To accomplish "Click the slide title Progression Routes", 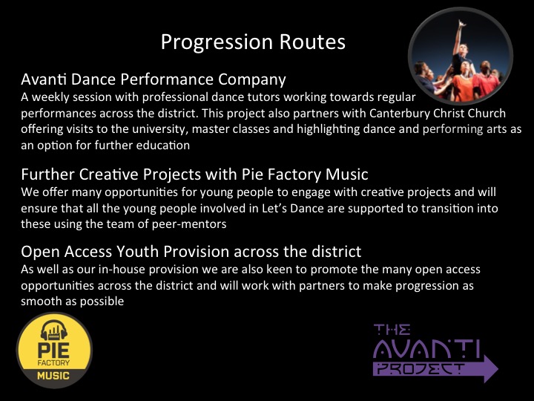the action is pos(253,42).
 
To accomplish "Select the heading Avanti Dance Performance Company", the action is pos(154,79).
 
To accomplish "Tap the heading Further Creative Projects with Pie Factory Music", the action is pos(194,175).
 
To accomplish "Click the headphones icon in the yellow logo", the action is pos(54,330).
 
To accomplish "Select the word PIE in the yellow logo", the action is pos(53,351).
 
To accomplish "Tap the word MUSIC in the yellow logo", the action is pos(53,376).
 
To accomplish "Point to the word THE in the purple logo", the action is pos(392,330).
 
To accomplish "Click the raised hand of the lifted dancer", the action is pos(461,24).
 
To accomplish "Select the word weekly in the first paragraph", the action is pos(50,97).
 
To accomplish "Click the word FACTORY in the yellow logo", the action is pos(53,363).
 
